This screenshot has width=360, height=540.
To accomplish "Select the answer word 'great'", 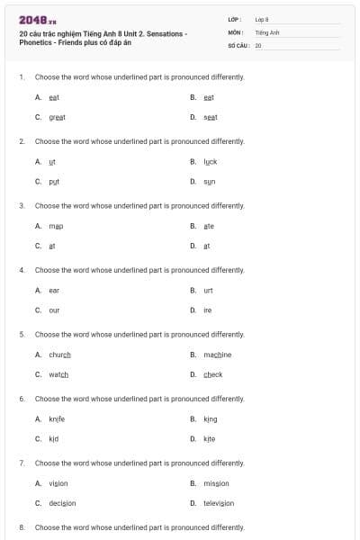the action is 58,117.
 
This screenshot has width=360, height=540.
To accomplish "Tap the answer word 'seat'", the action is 211,117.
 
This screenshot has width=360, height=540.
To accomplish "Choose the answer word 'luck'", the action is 211,161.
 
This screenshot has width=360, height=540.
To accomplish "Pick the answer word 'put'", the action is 54,181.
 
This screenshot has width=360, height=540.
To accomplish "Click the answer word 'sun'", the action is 210,181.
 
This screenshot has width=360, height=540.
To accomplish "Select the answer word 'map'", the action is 56,226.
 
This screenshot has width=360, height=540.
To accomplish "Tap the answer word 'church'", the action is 60,355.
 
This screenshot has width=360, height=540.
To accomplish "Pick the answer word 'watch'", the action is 58,374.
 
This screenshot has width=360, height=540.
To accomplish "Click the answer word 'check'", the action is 213,374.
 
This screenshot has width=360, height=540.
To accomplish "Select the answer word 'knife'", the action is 57,418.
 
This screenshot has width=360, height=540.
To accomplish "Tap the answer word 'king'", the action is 211,418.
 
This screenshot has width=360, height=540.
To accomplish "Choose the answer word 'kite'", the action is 210,438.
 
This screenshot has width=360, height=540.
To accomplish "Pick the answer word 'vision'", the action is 58,483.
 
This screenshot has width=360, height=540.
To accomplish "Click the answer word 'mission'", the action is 217,483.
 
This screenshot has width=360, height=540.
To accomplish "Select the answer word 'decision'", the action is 62,503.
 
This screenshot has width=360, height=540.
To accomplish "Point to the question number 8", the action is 21,526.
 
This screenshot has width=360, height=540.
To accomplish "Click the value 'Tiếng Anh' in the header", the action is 268,31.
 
